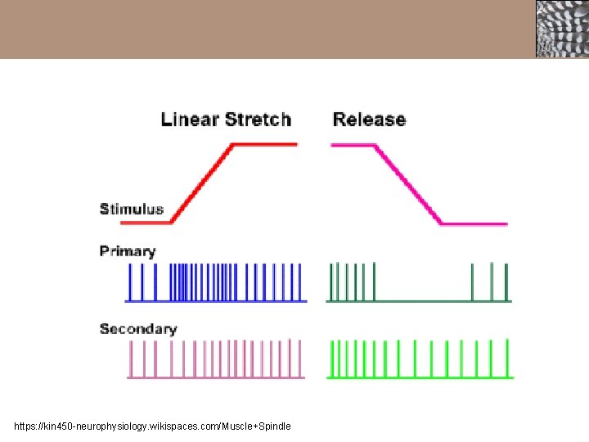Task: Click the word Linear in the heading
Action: [x=190, y=120]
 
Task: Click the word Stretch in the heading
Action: [x=258, y=120]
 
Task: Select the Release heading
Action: [x=369, y=120]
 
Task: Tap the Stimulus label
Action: [x=132, y=210]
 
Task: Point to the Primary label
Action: [x=128, y=251]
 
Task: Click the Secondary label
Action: [x=138, y=329]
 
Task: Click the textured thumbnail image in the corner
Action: [x=561, y=29]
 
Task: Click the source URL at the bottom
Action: [x=152, y=426]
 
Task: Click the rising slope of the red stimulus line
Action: [x=202, y=183]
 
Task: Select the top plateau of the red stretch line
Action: [x=265, y=145]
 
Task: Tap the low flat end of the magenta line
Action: [x=474, y=223]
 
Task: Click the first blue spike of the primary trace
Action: [x=128, y=282]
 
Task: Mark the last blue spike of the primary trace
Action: [x=301, y=282]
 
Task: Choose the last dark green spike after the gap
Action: [x=506, y=282]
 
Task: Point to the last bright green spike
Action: [x=510, y=359]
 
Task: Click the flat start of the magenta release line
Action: [x=352, y=146]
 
